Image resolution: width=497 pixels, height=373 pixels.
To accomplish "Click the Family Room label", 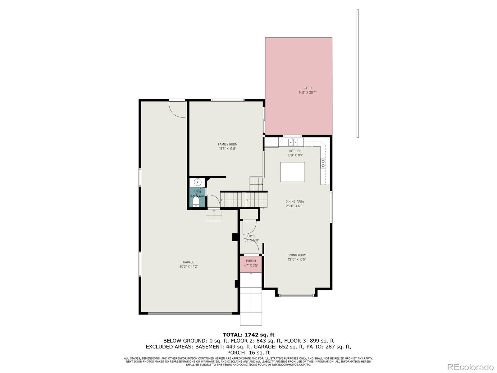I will (227, 144).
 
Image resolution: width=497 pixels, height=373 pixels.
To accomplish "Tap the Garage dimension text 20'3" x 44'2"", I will (189, 266).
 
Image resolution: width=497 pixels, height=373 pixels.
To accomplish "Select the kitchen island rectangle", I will (292, 172).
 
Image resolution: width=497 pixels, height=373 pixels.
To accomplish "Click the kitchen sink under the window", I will (293, 142).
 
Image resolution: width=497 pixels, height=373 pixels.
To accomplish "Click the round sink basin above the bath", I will (197, 182).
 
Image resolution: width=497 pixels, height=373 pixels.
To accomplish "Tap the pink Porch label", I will (251, 261).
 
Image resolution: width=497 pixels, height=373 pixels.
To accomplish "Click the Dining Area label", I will (294, 202).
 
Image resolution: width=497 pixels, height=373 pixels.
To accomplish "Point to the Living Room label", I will (297, 255).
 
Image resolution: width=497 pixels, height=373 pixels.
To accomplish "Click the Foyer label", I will (252, 236).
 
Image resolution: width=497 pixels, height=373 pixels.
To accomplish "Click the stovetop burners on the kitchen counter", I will (323, 163).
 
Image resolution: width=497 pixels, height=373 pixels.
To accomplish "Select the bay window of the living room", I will (297, 295).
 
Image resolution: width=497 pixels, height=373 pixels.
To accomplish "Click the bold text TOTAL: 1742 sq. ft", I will (248, 335).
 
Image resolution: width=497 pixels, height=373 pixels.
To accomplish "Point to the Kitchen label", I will (295, 151).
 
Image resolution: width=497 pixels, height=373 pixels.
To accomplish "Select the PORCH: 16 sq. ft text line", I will (248, 352).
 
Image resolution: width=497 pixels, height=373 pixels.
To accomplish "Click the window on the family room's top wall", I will (227, 100).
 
